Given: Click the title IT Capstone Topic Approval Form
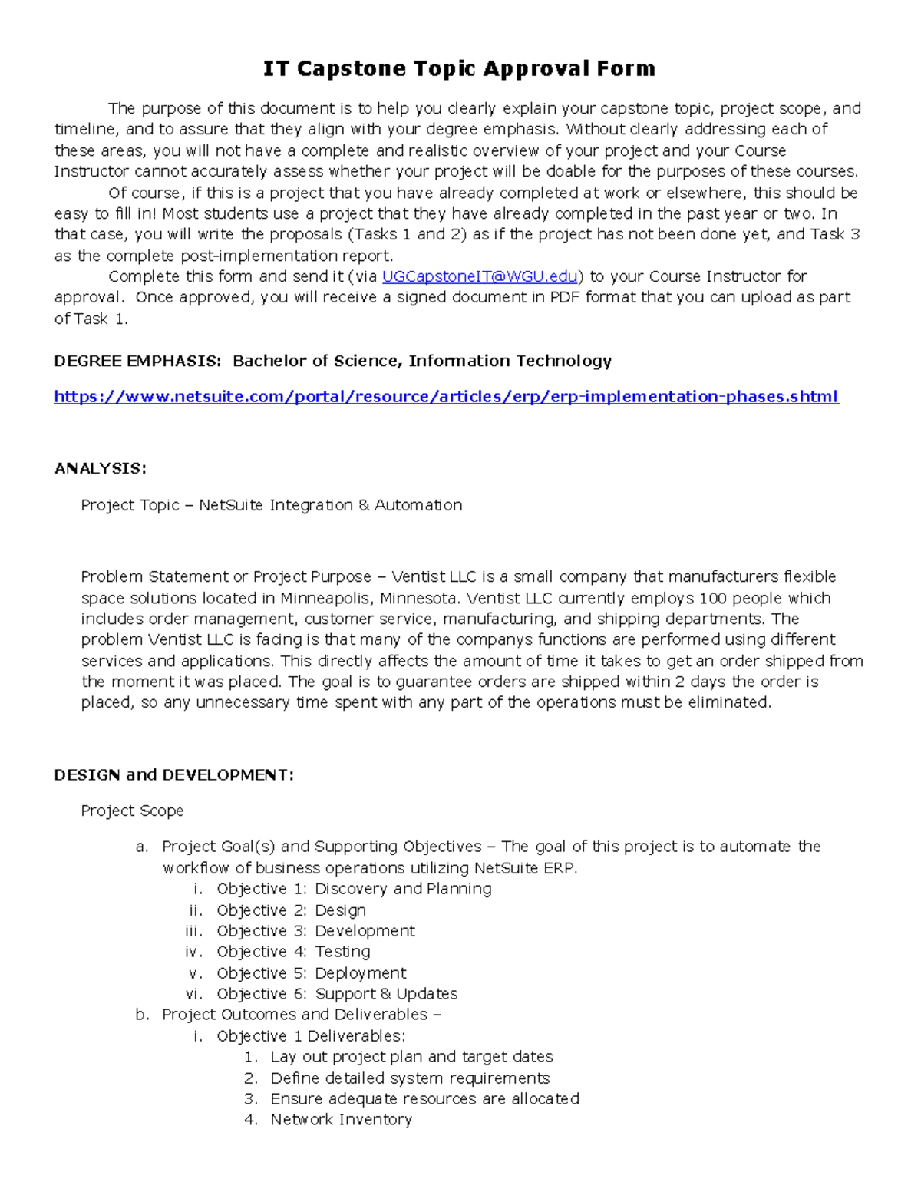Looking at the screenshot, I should [x=459, y=69].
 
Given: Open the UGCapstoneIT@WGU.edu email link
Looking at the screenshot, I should [x=479, y=276].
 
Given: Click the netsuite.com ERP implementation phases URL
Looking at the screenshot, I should [x=446, y=397].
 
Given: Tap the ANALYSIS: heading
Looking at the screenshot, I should [x=100, y=468].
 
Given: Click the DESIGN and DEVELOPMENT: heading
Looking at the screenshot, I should [x=173, y=774].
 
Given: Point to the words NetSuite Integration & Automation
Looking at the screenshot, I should [x=330, y=505].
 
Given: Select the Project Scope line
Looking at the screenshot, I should [x=132, y=811].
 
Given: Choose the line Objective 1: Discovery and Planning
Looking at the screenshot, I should [x=354, y=889].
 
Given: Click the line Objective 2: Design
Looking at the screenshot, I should [x=291, y=910].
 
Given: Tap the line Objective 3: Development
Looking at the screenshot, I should [x=315, y=931].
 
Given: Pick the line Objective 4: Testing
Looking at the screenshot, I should [x=293, y=952].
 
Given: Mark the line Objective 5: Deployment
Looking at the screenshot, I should [x=311, y=973].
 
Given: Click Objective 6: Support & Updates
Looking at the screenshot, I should [x=337, y=994].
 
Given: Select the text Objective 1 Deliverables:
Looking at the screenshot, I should [x=310, y=1036].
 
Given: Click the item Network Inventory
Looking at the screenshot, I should [x=341, y=1120].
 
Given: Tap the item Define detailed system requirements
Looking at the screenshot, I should [x=410, y=1078].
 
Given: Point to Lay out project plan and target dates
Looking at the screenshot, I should [x=411, y=1057].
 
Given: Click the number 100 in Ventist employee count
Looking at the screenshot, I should [x=713, y=598].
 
